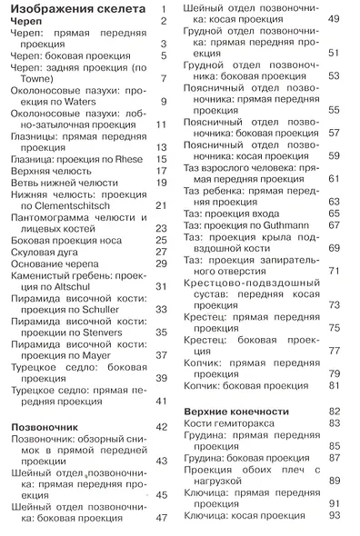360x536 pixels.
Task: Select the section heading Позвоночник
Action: point(46,425)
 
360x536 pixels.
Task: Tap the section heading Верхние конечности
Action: point(235,412)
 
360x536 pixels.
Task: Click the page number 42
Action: point(163,425)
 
